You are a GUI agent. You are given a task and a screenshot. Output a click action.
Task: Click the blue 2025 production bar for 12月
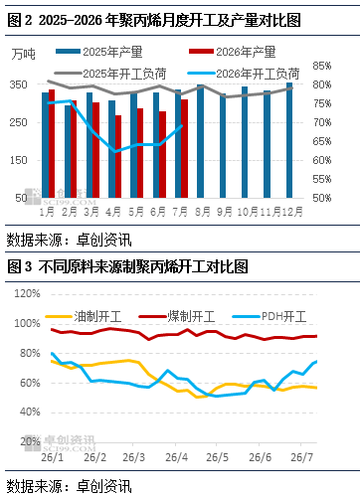point(289,140)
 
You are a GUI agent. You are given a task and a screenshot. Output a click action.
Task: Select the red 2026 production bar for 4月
point(118,157)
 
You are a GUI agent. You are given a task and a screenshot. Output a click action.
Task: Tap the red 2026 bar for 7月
point(185,149)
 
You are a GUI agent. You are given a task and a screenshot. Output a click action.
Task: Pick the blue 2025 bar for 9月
point(223,146)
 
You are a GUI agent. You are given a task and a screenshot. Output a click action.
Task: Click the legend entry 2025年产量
point(99,52)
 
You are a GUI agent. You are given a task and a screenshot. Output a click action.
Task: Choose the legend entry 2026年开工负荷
point(244,74)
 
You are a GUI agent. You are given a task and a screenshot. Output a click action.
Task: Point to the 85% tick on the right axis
point(322,66)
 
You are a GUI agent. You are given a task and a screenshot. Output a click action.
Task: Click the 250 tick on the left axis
point(19,122)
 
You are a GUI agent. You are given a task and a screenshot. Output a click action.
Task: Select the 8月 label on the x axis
point(202,212)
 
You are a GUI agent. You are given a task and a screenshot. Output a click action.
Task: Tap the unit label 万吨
point(23,54)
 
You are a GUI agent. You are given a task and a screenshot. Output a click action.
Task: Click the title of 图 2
point(154,21)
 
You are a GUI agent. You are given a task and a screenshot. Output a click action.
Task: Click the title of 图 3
point(127,266)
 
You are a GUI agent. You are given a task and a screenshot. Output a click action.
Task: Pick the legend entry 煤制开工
point(177,316)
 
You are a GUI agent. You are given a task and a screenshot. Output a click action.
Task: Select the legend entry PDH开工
point(270,316)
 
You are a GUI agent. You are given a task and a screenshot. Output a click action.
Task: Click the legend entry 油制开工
point(84,316)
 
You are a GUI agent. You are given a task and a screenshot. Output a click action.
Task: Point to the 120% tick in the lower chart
point(27,293)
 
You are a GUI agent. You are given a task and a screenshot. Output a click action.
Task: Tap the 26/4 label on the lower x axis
point(176,457)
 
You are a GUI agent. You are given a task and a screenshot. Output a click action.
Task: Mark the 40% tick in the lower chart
point(30,413)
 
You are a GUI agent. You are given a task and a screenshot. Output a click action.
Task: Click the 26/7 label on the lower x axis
point(301,457)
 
